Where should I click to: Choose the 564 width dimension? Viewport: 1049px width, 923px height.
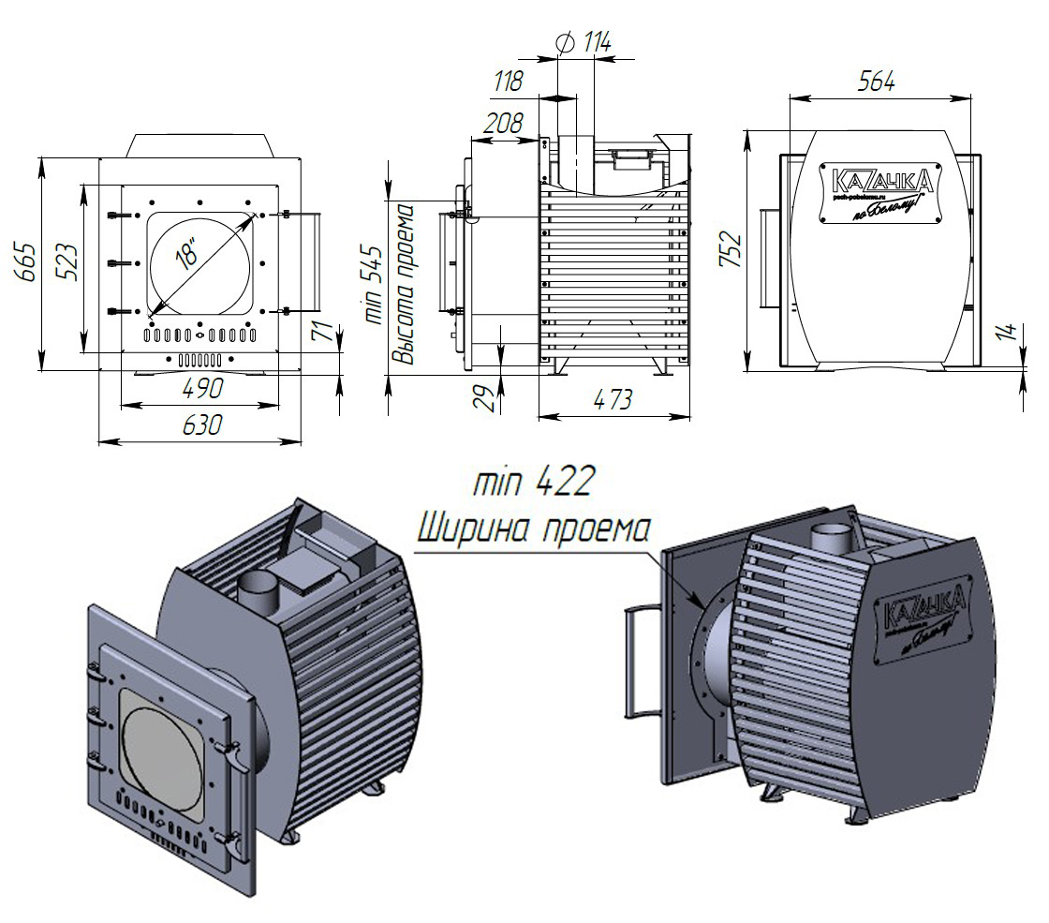click(877, 81)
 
